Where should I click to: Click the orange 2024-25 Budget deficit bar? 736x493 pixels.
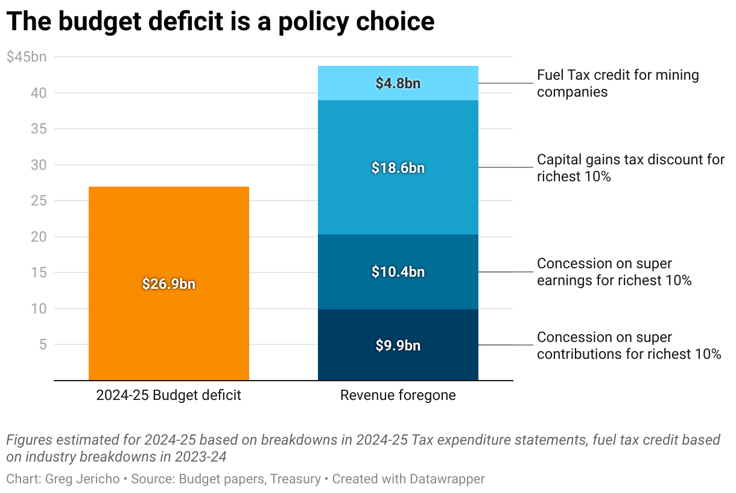coord(168,242)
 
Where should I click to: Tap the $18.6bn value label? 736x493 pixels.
coord(398,168)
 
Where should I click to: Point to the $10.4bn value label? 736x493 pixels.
coord(398,272)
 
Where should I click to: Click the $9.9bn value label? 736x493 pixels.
coord(398,346)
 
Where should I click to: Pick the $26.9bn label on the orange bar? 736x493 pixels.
coord(169,284)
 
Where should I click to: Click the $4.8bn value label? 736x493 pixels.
coord(398,83)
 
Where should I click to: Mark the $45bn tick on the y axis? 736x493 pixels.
coord(26,57)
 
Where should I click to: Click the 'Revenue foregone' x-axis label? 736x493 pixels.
coord(398,396)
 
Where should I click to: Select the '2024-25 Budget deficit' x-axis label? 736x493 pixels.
coord(169,396)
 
